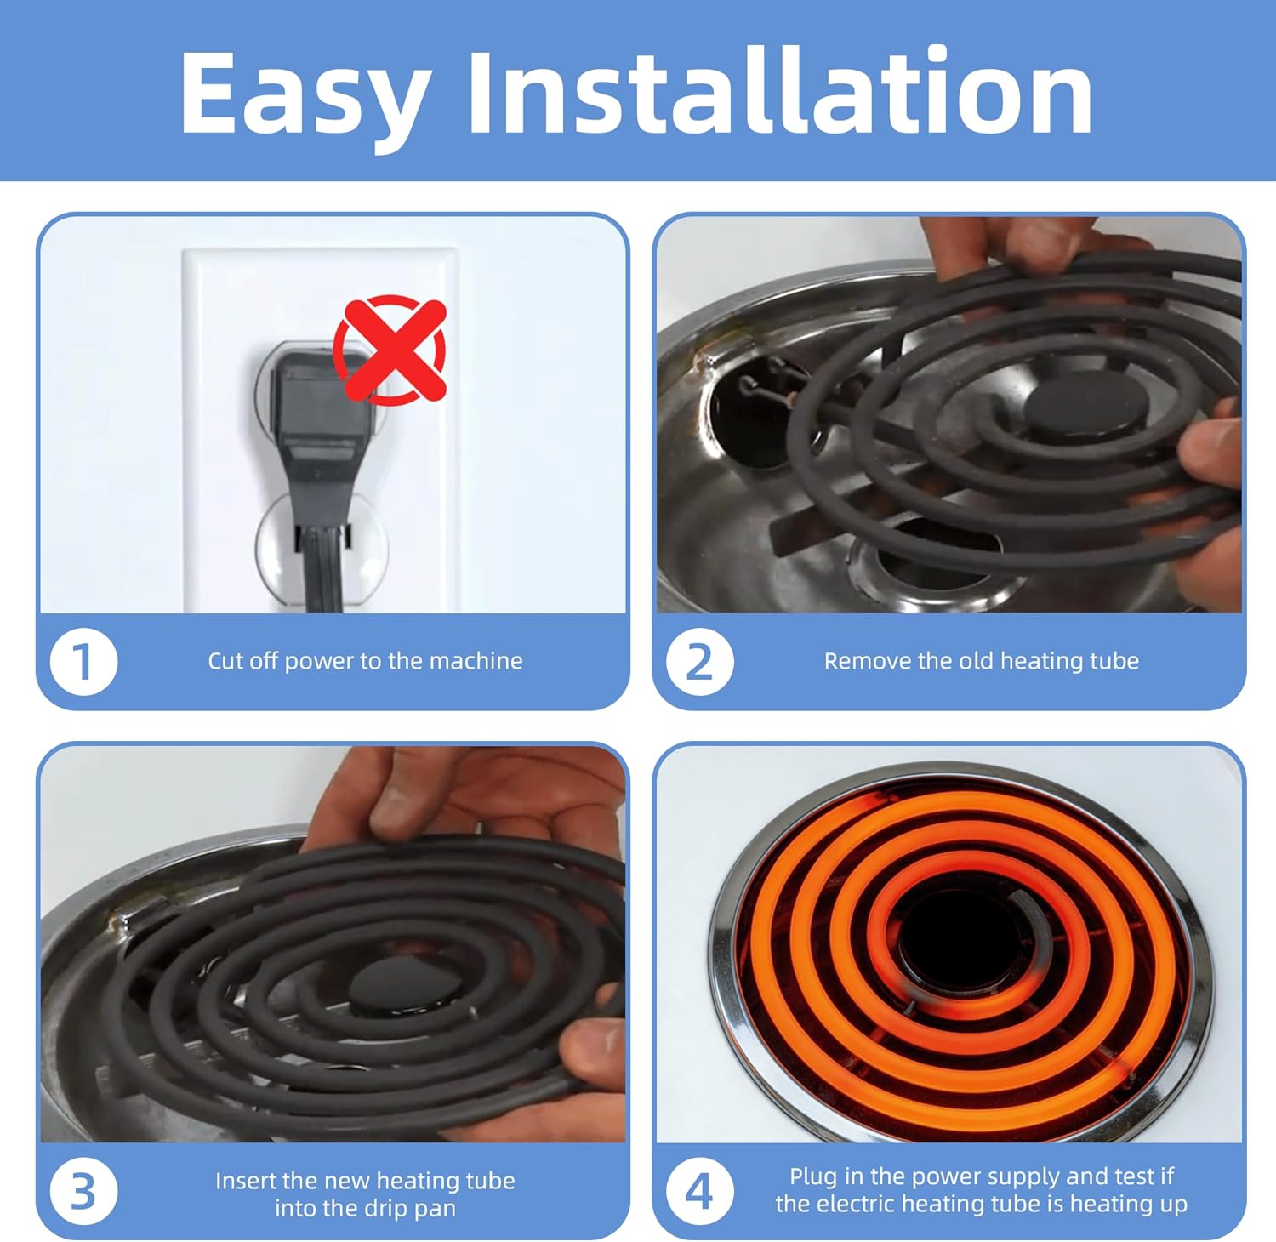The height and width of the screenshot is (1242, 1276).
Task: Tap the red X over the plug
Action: pos(390,348)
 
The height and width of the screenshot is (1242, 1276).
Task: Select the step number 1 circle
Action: pos(83,662)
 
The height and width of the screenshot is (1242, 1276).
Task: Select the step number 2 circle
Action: pos(699,662)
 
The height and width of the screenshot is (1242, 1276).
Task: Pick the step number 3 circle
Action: pos(83,1192)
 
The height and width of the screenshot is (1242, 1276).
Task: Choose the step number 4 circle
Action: pos(699,1192)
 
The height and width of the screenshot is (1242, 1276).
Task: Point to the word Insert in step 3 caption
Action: pos(246,1181)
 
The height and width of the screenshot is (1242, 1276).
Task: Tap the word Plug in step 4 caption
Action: pos(812,1176)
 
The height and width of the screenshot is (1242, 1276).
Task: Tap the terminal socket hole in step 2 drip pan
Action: pos(753,417)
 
